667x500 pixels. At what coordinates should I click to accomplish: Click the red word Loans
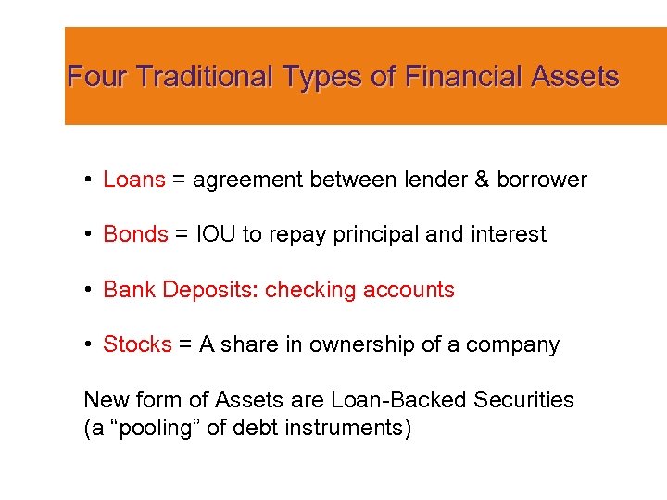134,180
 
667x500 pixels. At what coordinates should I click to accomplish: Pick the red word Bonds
135,234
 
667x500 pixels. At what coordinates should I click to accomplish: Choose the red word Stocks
137,344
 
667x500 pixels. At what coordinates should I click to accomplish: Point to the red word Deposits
209,290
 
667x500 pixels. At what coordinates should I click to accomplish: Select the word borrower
542,180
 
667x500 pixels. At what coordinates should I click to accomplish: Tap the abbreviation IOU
216,234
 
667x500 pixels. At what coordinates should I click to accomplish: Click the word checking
310,290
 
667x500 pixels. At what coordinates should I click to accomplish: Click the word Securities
523,400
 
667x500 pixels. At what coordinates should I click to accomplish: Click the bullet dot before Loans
85,180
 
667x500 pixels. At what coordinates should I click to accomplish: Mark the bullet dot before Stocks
85,344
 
